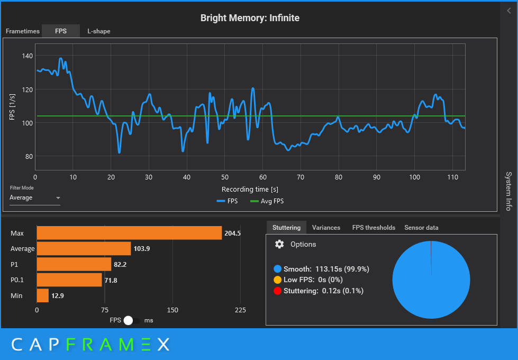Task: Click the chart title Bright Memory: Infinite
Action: point(250,18)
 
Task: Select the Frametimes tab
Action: point(23,31)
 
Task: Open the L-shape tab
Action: point(99,31)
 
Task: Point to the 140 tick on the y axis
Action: point(27,56)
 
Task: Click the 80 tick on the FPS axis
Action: point(29,156)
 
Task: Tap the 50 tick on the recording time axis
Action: point(224,177)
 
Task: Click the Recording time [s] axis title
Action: point(250,189)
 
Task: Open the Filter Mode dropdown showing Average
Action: point(35,198)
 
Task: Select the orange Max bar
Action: point(129,233)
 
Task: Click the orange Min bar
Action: point(42,295)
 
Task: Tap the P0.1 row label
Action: point(18,280)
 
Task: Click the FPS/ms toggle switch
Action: point(132,320)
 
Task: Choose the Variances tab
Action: point(326,228)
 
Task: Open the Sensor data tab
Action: point(421,228)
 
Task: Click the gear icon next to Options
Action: point(279,244)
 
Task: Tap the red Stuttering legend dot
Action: point(278,291)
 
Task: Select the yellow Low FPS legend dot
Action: point(278,280)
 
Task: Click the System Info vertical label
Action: point(508,191)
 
